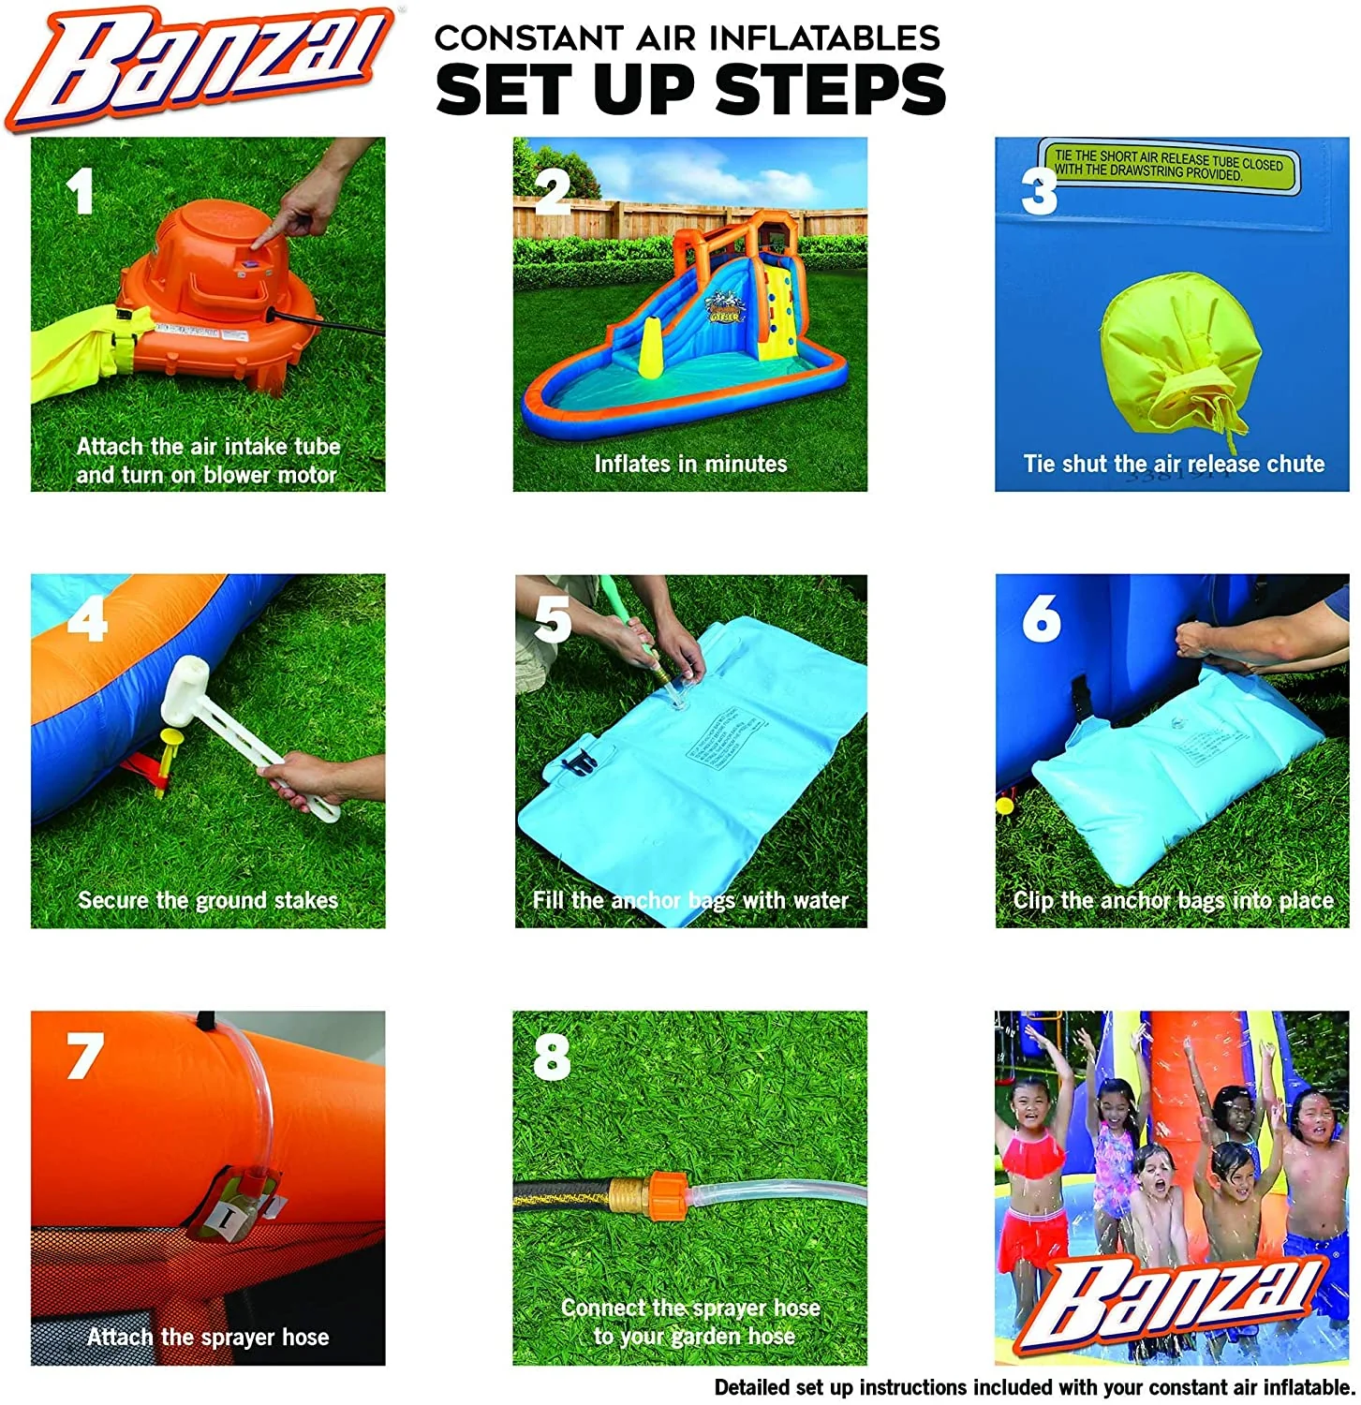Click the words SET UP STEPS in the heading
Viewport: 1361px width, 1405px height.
(x=690, y=91)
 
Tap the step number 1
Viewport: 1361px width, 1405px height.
(x=80, y=192)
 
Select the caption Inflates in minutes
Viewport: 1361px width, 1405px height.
(x=690, y=464)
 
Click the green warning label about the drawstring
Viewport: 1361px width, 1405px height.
(x=1168, y=166)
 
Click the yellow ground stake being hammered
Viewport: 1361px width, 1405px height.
(x=171, y=749)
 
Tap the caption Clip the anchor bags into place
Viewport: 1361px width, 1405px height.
(x=1173, y=900)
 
